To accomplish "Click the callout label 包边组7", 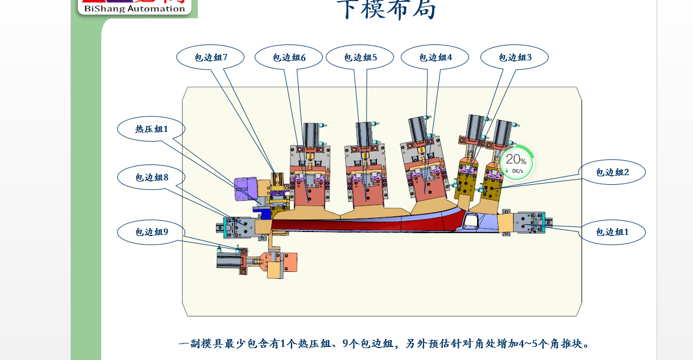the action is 210,57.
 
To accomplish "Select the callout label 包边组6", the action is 289,57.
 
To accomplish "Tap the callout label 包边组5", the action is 360,57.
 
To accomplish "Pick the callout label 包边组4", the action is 435,57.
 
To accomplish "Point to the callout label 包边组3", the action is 514,57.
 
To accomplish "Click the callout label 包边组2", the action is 612,172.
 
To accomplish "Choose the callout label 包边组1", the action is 612,232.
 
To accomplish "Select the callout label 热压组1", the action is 151,129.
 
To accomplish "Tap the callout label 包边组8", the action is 151,177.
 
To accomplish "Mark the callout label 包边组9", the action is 151,231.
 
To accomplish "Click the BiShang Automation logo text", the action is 134,8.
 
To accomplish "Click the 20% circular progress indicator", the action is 516,162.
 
